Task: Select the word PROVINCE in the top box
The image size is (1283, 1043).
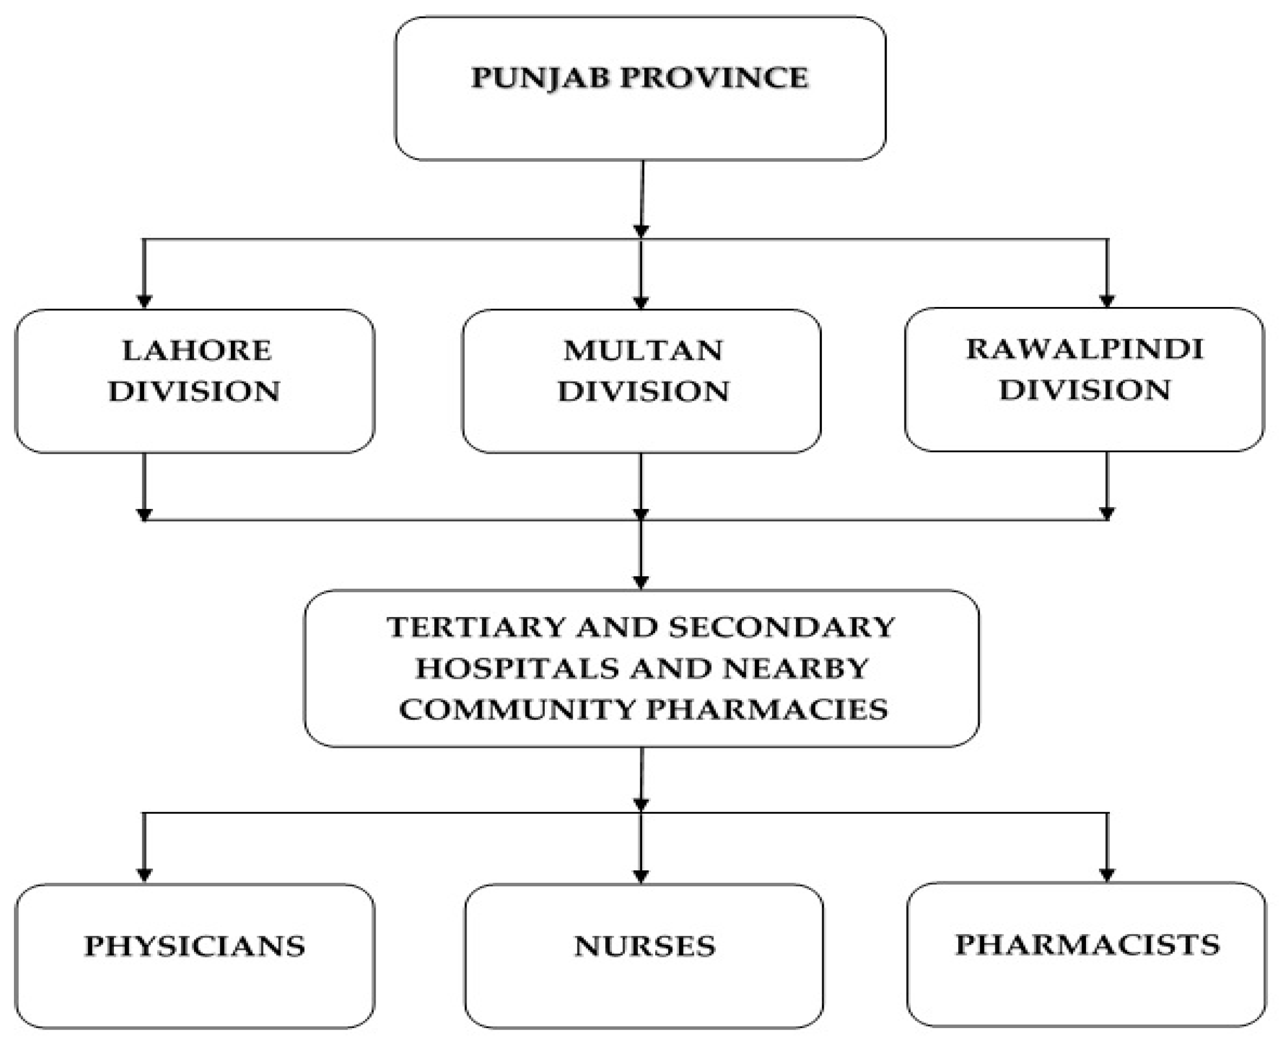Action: coord(715,79)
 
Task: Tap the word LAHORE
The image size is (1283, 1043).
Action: coord(197,351)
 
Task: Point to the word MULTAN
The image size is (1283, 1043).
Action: coord(642,351)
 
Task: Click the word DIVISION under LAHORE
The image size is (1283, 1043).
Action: coord(194,392)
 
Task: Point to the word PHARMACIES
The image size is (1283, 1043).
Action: coord(767,710)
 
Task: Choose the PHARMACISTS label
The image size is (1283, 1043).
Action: coord(1087,944)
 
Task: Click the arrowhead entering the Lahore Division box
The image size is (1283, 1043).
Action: coord(144,302)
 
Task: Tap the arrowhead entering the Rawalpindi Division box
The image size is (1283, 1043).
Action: coord(1107,301)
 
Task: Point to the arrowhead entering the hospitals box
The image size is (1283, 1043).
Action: coord(641,582)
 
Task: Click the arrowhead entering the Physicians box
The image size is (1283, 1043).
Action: coord(144,875)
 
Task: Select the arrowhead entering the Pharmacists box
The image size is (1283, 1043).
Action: coord(1107,875)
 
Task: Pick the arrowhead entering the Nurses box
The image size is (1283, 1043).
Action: coord(641,876)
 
